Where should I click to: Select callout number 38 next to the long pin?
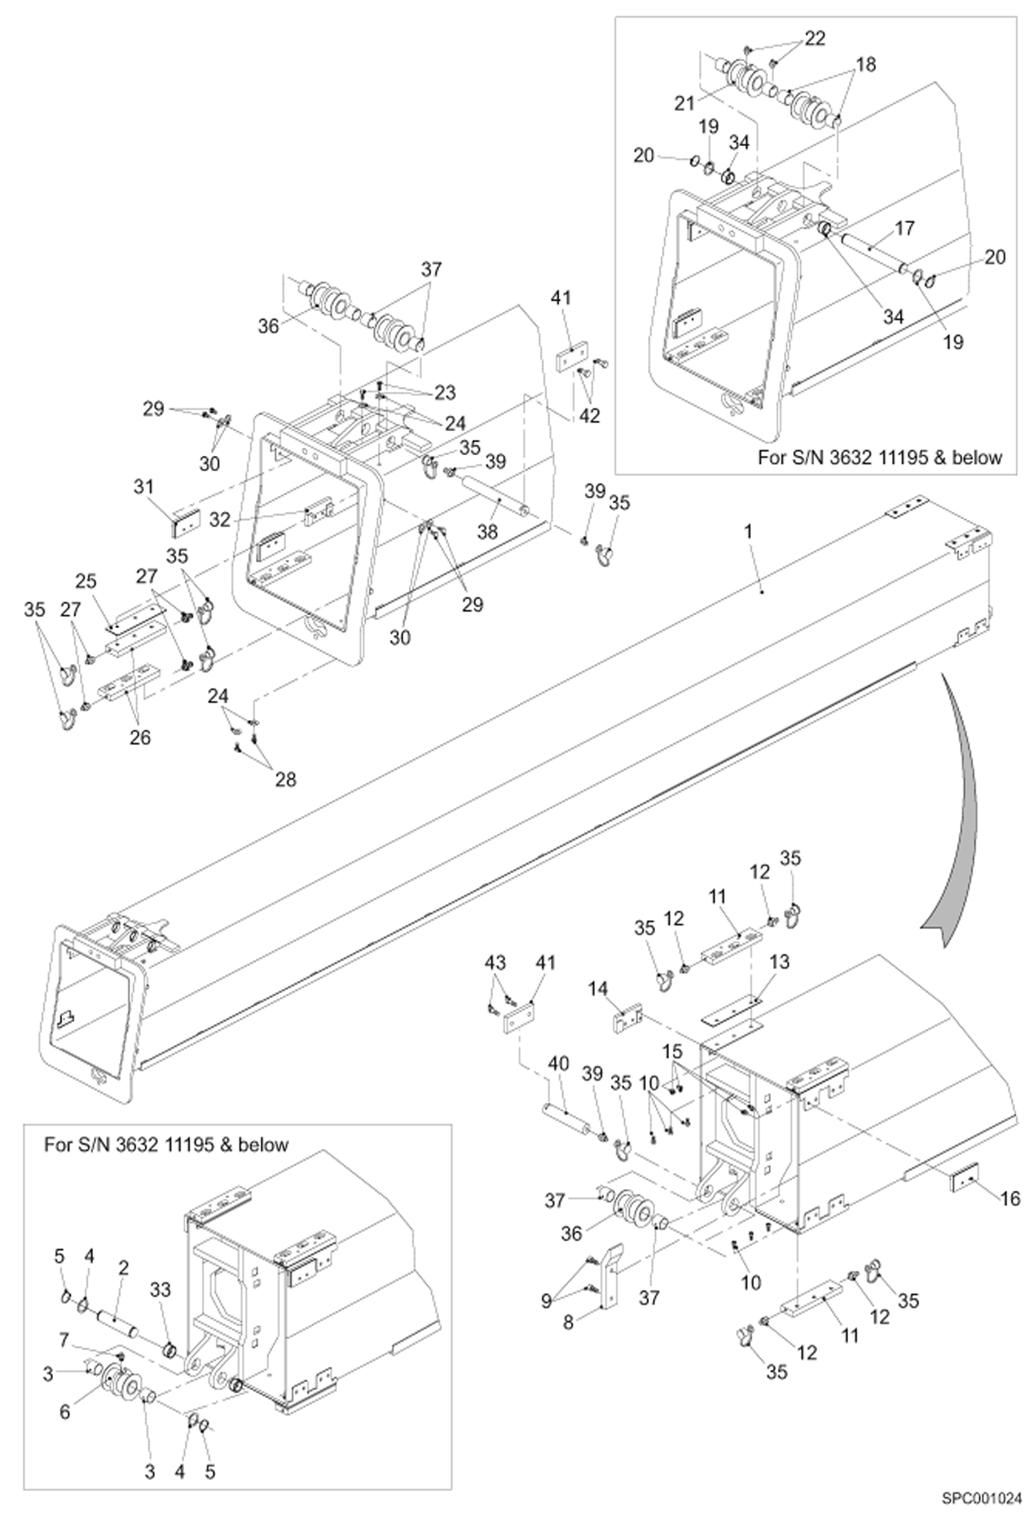pyautogui.click(x=488, y=531)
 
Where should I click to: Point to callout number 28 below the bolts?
pyautogui.click(x=285, y=779)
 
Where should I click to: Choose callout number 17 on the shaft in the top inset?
pyautogui.click(x=904, y=228)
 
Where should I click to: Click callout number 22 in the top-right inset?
pyautogui.click(x=814, y=39)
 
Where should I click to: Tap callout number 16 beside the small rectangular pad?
pyautogui.click(x=1010, y=1199)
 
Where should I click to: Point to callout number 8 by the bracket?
pyautogui.click(x=568, y=1323)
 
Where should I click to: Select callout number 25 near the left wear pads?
pyautogui.click(x=86, y=581)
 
